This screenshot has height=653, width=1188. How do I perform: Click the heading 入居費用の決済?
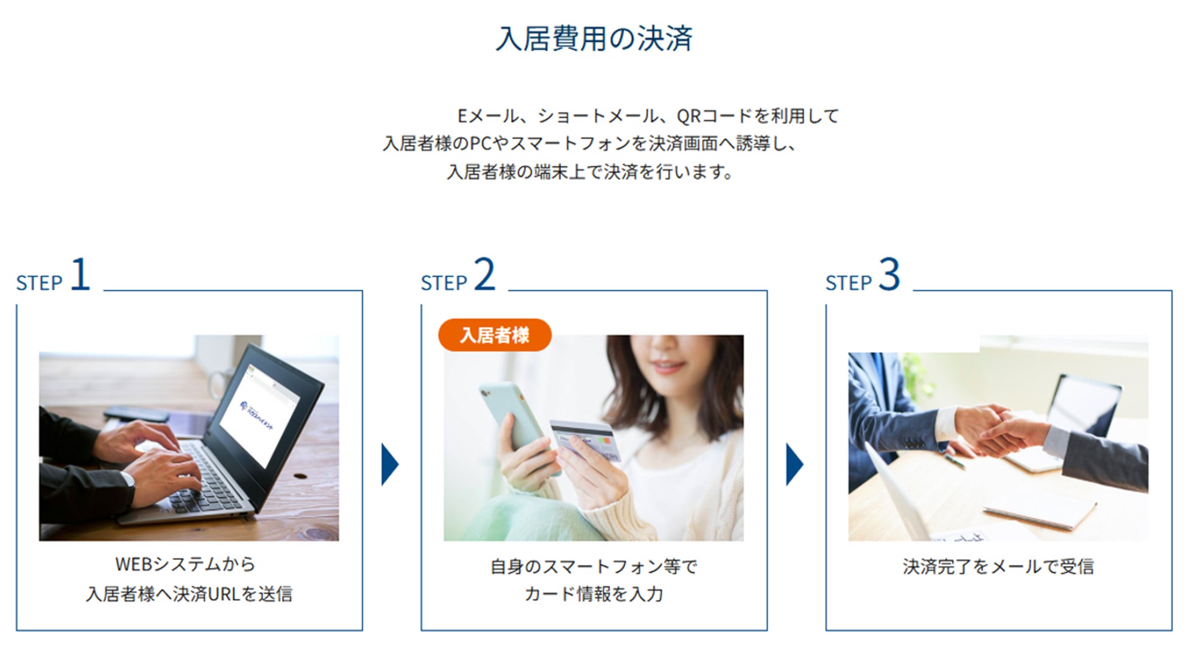point(594,38)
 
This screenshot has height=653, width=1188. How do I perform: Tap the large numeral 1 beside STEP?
point(80,275)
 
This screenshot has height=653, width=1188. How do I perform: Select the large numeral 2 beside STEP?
point(484,275)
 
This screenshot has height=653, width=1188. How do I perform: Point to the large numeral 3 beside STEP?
point(889,275)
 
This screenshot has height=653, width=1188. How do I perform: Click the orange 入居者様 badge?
point(495,335)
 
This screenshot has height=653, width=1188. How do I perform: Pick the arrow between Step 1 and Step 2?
point(389,464)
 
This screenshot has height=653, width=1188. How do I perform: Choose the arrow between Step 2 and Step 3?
point(794,464)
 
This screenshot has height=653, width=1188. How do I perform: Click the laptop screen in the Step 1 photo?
point(259,414)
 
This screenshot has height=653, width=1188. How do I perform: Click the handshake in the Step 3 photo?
point(999,429)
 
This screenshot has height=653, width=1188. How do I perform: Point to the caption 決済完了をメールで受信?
point(998,567)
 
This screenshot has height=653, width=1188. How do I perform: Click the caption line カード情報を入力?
point(593,594)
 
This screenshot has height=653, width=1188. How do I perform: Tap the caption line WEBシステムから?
point(185,564)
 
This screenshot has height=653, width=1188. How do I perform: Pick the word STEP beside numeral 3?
point(848,283)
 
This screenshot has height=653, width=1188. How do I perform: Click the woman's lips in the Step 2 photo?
point(667,367)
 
